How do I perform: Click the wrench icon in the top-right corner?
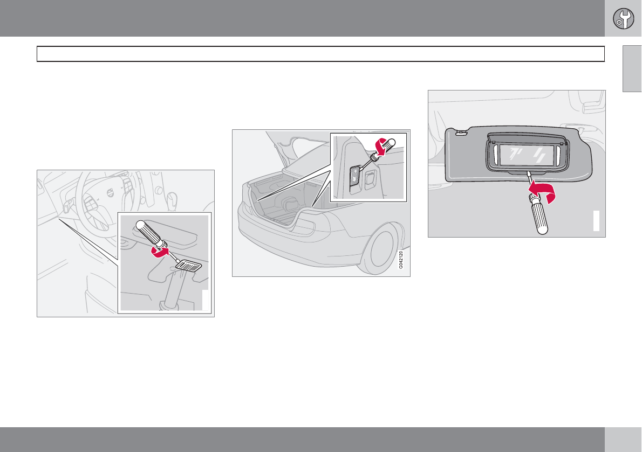tap(623, 19)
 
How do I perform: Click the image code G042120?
tap(401, 260)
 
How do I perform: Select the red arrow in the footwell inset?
tap(160, 251)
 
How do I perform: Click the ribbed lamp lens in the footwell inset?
tap(189, 266)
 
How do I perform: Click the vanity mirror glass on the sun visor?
tap(527, 155)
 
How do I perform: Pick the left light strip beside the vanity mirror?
tap(495, 156)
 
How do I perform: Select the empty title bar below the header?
tap(320, 54)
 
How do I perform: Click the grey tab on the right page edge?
tap(632, 68)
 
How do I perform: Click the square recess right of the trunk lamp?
tap(370, 179)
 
